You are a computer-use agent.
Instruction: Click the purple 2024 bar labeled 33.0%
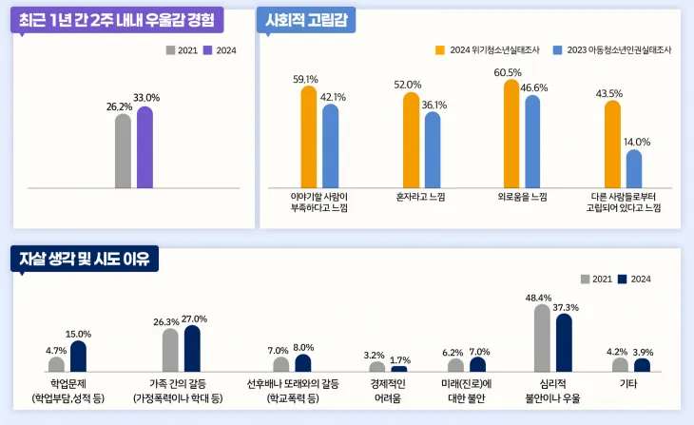pyautogui.click(x=145, y=147)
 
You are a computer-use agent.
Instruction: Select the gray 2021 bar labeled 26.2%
pyautogui.click(x=123, y=151)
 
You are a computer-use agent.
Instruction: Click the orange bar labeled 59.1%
pyautogui.click(x=309, y=137)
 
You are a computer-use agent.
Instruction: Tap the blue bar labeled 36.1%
pyautogui.click(x=433, y=150)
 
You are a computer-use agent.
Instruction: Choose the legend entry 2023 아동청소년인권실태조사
pyautogui.click(x=618, y=50)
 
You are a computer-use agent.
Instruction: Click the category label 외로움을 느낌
pyautogui.click(x=522, y=196)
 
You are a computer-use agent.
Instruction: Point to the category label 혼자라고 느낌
pyautogui.click(x=421, y=196)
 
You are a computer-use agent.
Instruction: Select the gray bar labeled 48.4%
pyautogui.click(x=542, y=338)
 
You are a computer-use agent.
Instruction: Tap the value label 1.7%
pyautogui.click(x=400, y=360)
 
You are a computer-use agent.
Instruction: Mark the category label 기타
pyautogui.click(x=628, y=384)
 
